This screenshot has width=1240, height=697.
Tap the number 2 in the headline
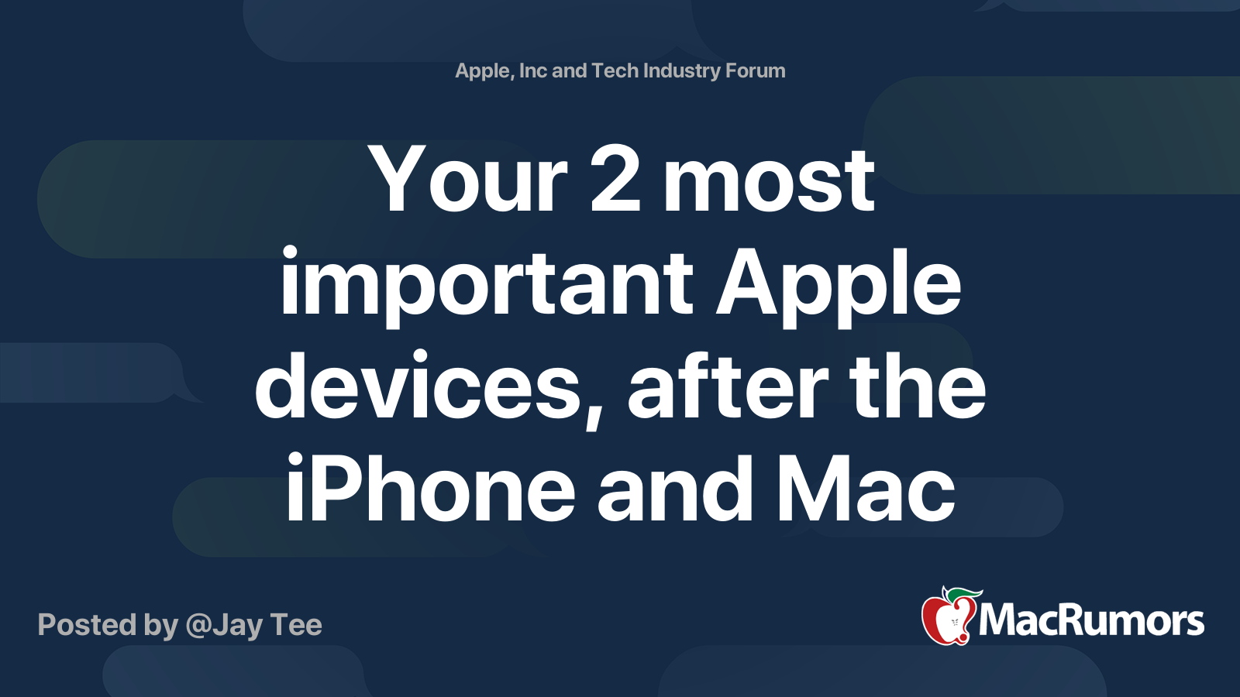615,181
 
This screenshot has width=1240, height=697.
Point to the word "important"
486,285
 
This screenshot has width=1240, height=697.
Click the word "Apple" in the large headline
838,285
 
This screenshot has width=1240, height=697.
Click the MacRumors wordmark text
1091,621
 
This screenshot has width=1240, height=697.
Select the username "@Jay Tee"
253,625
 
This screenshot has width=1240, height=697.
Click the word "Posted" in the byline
87,625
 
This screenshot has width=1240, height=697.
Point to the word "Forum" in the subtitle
755,70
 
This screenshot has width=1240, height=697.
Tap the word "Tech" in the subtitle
615,70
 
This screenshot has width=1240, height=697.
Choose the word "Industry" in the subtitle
682,70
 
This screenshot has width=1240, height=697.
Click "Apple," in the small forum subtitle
484,70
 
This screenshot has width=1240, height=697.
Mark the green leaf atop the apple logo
961,595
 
